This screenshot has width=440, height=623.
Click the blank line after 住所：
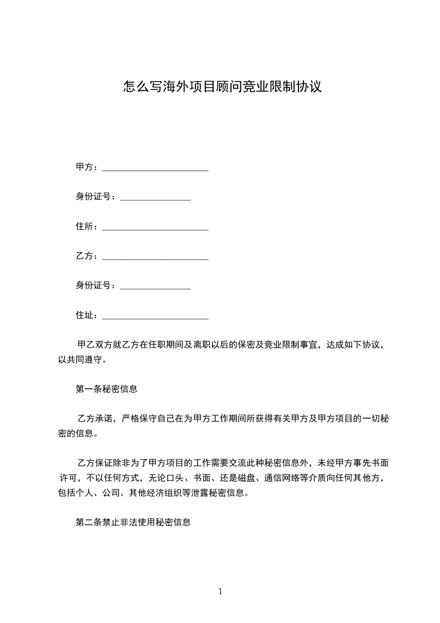click(155, 228)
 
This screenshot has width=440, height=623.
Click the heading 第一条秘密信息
click(107, 389)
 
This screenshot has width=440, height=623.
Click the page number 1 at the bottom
click(220, 591)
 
